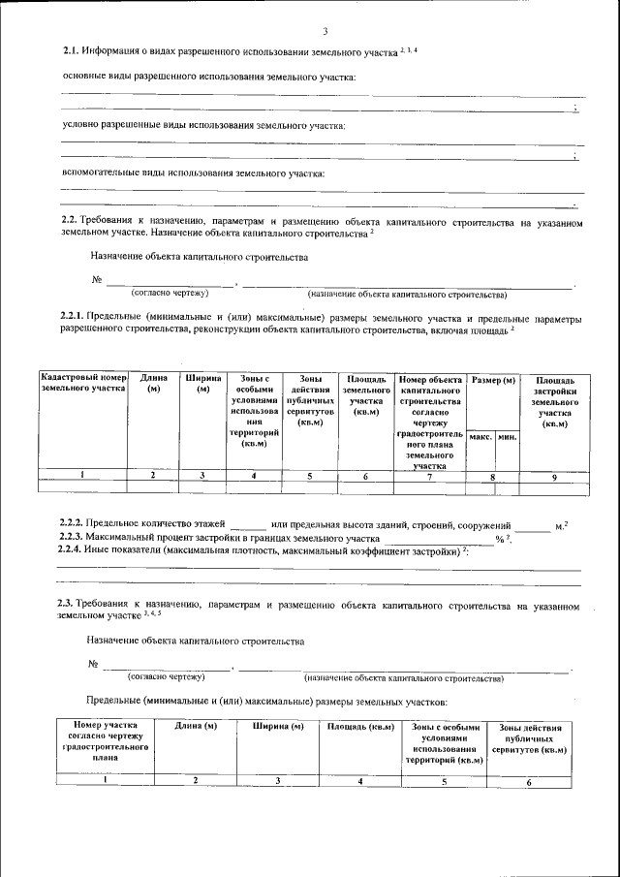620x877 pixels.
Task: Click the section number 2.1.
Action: [69, 50]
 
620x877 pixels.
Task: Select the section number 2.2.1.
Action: [72, 318]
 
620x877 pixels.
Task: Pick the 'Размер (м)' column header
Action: [492, 379]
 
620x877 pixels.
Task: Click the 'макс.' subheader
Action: [480, 438]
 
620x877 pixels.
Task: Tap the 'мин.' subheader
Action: [506, 438]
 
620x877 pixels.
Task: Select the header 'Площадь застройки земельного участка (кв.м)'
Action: [554, 401]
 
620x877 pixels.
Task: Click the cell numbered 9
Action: [554, 476]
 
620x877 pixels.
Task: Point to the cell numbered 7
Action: [429, 476]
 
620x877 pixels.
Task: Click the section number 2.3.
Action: [67, 605]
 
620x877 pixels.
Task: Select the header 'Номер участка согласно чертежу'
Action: [98, 741]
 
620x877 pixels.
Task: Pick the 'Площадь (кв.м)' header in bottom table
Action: [359, 726]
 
